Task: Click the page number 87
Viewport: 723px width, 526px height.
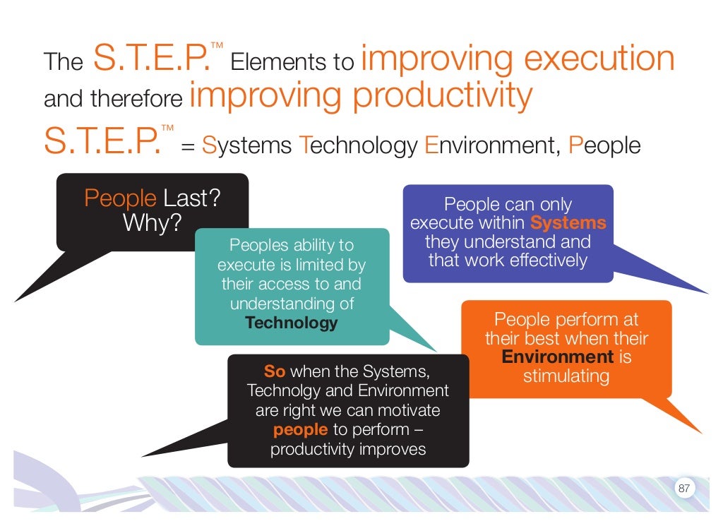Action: click(683, 489)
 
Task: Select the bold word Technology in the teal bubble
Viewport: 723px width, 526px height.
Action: click(292, 323)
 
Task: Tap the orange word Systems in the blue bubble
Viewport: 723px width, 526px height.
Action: click(568, 223)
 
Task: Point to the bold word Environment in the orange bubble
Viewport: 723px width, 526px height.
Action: click(558, 357)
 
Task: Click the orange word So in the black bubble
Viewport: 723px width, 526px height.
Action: click(274, 371)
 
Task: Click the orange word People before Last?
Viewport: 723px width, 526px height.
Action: click(120, 198)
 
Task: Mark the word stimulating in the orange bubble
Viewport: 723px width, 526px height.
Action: click(566, 376)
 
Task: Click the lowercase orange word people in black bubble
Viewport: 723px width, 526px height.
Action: click(300, 430)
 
